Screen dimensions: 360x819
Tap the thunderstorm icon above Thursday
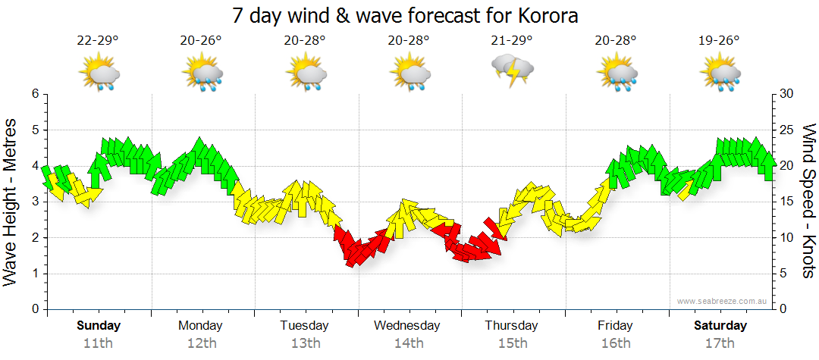pos(513,71)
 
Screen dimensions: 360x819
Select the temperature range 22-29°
pos(98,41)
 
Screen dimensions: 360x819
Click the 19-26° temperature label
pos(719,41)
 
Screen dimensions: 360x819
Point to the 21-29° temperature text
pos(512,41)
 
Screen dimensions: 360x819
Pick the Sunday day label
pos(98,326)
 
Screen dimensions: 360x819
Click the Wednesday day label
pos(407,326)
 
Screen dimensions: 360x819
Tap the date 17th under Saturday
pos(720,343)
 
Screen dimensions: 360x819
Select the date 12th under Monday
pos(200,343)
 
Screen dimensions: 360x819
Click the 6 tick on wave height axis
pos(34,94)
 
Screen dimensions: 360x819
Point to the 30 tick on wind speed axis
pos(786,94)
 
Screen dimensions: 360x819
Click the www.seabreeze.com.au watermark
pos(723,302)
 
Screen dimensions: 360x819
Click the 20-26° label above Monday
pos(202,41)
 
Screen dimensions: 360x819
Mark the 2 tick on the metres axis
pos(34,238)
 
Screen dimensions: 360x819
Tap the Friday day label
pos(615,326)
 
